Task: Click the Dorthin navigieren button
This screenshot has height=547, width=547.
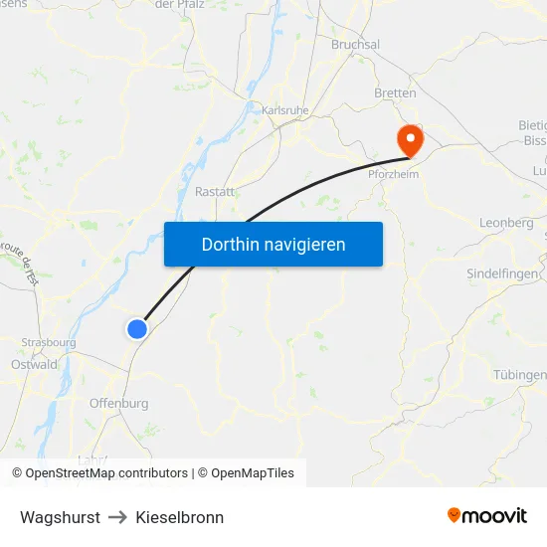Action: [x=273, y=244]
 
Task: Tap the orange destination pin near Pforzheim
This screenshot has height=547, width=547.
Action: [x=410, y=138]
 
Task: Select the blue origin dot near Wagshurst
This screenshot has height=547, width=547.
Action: [x=138, y=329]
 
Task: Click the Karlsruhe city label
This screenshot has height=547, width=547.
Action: [x=286, y=109]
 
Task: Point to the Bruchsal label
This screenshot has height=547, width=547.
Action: [x=355, y=45]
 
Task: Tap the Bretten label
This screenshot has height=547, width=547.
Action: [x=395, y=92]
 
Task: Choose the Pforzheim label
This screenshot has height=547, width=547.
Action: [x=393, y=173]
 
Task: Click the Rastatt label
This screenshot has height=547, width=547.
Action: [x=215, y=191]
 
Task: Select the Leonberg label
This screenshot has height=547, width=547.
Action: [x=506, y=223]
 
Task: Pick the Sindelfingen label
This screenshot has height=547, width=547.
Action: [x=503, y=273]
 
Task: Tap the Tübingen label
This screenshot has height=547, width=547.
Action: [x=520, y=375]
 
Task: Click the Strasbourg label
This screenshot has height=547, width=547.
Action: [x=49, y=343]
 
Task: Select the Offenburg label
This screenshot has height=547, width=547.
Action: [x=118, y=403]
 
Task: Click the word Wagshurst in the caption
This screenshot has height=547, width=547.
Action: [x=60, y=517]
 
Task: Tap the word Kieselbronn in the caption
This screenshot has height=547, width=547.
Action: [x=180, y=517]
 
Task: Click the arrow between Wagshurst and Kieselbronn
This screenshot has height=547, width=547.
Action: [x=117, y=517]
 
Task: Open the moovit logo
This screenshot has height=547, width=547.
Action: [x=487, y=515]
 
